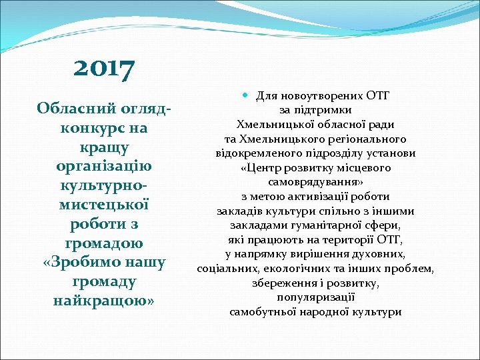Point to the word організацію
104,165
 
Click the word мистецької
104,205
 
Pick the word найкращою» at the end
104,301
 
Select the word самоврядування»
315,182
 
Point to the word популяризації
315,297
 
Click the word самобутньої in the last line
261,311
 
